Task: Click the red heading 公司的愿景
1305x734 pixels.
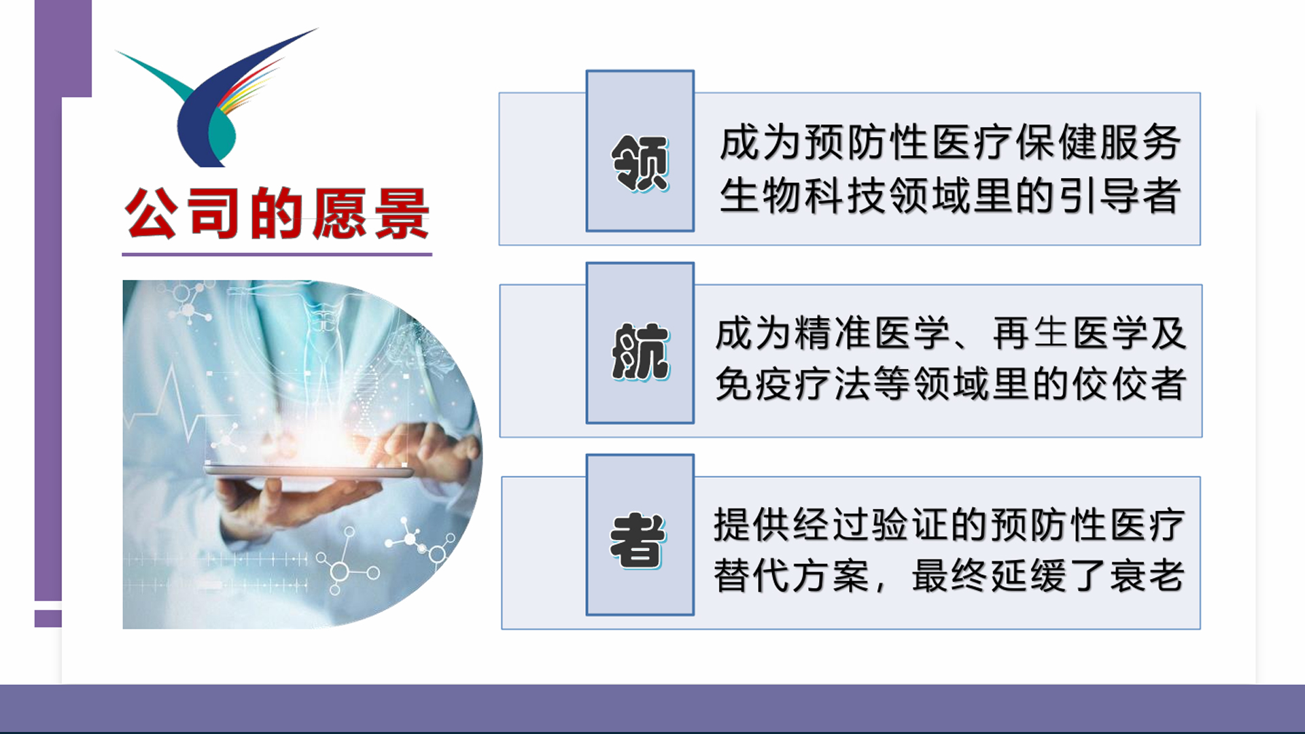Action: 277,213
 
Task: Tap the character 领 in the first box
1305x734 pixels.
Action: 640,162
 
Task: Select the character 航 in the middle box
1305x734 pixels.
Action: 640,351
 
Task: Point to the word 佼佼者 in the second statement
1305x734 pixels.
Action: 1129,384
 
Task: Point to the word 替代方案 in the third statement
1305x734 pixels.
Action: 792,576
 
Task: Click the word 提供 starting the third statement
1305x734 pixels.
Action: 752,525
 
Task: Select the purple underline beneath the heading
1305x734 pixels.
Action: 277,255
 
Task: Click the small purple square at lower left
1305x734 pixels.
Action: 48,618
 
